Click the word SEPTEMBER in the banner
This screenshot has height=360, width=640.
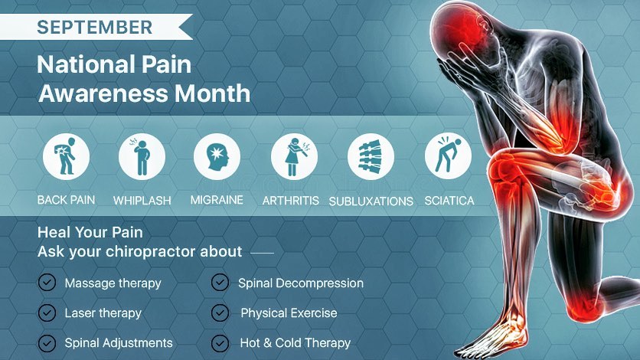pos(94,28)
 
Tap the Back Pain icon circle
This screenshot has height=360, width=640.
pos(66,157)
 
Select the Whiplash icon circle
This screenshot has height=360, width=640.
pos(142,157)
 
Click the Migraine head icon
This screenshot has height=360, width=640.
pos(217,157)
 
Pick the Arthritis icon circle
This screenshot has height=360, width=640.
pos(294,157)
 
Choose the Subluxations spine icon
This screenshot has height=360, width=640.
pos(371,157)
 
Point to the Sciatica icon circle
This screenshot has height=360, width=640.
pos(448,157)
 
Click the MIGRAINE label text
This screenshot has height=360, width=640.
pos(217,200)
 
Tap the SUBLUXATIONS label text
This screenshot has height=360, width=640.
pos(371,201)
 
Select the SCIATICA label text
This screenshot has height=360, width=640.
pos(449,201)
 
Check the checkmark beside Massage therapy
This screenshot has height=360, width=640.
pos(47,283)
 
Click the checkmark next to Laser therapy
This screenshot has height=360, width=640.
pos(47,313)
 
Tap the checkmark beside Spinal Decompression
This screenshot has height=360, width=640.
pos(220,283)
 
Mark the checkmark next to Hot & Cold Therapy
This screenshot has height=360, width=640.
pos(220,343)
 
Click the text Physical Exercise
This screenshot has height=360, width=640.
pos(289,313)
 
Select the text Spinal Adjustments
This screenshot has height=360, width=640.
pos(119,343)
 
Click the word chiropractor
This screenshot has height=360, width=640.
pos(174,252)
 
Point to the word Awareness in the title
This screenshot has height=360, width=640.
pos(103,93)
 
